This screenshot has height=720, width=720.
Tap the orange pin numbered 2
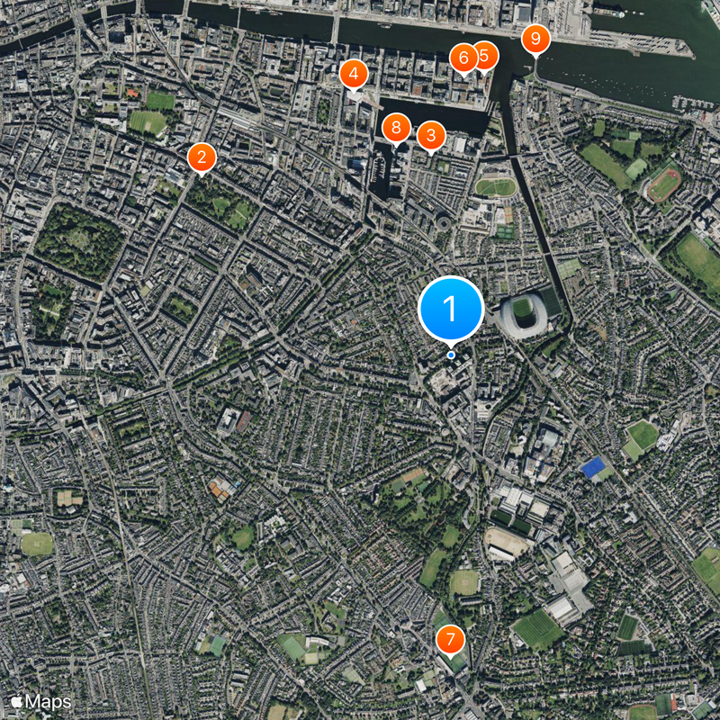[202, 157]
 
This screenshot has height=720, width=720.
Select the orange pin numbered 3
[431, 136]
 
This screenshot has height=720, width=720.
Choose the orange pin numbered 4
[354, 74]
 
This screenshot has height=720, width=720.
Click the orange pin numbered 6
[463, 58]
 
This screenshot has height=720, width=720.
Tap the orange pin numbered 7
[450, 640]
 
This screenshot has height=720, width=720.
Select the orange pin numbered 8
[396, 128]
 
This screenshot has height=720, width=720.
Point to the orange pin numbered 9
[535, 38]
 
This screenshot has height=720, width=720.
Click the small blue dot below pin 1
[451, 355]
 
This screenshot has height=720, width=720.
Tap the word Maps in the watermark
[49, 700]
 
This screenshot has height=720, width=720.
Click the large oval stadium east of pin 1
[523, 312]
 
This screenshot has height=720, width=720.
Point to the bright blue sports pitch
[593, 468]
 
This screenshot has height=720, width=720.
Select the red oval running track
[664, 184]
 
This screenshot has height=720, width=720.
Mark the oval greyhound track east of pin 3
[496, 187]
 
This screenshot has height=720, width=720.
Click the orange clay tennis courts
[220, 489]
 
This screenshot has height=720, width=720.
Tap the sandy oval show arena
[508, 541]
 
